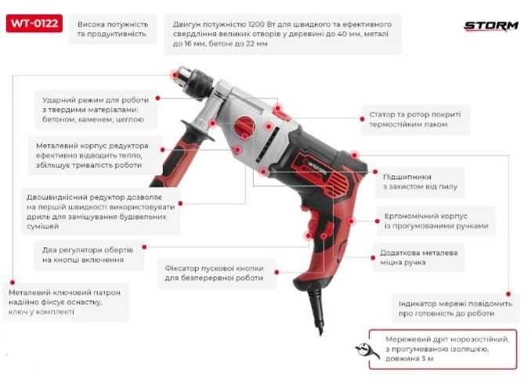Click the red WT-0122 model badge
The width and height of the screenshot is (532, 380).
click(34, 23)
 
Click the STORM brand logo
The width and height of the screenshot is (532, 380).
click(491, 26)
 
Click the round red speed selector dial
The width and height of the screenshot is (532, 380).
click(244, 127)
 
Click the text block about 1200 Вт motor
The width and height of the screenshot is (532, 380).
click(282, 34)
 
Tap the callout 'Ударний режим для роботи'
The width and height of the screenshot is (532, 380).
click(96, 109)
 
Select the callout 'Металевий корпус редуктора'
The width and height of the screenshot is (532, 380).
click(92, 156)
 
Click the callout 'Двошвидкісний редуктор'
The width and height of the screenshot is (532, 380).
click(100, 212)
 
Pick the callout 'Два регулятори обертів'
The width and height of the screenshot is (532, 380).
click(88, 255)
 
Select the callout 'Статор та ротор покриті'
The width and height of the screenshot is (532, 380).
click(415, 119)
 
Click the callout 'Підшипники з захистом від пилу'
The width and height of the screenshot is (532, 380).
click(420, 181)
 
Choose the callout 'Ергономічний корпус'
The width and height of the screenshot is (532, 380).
click(436, 220)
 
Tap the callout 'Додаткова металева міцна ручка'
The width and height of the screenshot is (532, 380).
click(418, 257)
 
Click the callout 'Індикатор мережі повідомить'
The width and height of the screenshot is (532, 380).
click(455, 309)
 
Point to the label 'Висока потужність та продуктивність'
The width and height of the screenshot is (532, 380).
click(113, 29)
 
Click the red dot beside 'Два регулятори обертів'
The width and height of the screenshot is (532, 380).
click(144, 247)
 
